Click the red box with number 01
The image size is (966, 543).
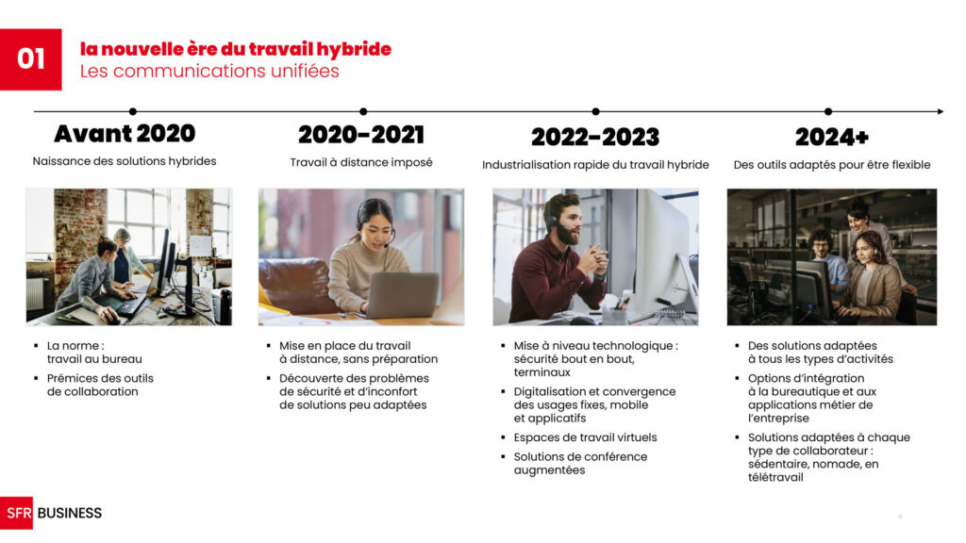pos(31,59)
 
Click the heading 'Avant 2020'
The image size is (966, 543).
pos(125,134)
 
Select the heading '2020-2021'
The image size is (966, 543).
pos(361,135)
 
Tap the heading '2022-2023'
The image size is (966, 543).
pos(595,137)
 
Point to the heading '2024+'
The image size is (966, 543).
pos(832,137)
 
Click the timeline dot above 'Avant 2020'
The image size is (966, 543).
pos(133,111)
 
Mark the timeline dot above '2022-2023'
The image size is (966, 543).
pos(596,111)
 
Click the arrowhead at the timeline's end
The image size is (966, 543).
pos(941,111)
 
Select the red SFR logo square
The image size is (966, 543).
pos(17,513)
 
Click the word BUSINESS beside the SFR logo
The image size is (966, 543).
pos(70,513)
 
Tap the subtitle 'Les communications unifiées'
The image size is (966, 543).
pos(209,71)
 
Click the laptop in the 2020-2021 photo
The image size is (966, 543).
pos(403,295)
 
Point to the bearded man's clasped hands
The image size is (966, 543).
pos(592,259)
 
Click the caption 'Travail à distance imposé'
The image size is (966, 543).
pos(361,162)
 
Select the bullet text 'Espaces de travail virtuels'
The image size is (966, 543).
pos(585,437)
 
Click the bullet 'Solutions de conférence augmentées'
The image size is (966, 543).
pos(580,463)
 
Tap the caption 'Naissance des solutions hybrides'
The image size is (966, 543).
pos(125,161)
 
